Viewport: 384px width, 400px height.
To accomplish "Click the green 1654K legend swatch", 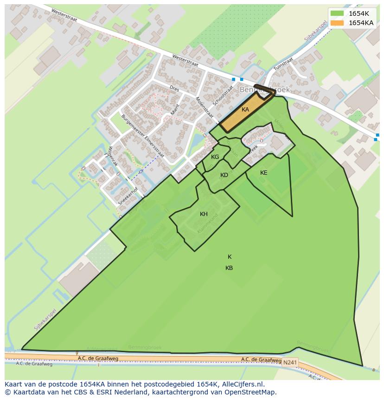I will [337, 13].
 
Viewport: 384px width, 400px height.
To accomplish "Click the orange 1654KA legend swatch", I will [337, 22].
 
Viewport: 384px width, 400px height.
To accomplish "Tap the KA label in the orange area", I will [245, 110].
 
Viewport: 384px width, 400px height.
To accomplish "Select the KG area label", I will [215, 157].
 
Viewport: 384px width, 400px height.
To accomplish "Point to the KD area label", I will [224, 175].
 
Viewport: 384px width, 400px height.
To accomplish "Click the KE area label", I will [263, 173].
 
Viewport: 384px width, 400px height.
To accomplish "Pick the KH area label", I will [204, 214].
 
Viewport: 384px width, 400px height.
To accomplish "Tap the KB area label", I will [229, 268].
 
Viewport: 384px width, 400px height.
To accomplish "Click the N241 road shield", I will [290, 362].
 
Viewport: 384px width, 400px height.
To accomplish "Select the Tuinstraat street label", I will [283, 64].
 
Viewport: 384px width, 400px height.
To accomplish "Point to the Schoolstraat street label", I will [223, 95].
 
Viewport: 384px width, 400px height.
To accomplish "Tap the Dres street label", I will [174, 87].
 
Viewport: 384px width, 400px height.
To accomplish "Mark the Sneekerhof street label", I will [128, 197].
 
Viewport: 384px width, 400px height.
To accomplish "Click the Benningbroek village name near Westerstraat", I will [265, 89].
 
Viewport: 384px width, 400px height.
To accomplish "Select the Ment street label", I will [175, 110].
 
